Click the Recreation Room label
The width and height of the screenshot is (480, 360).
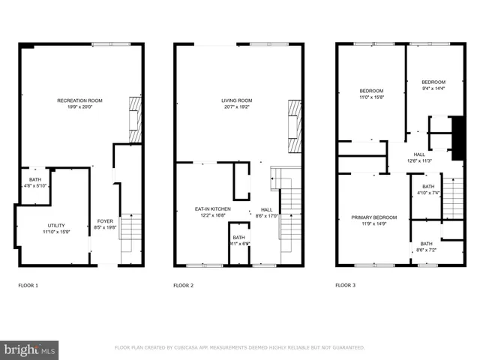79,100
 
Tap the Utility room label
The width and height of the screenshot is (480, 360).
57,225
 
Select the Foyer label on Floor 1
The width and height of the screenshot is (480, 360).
105,220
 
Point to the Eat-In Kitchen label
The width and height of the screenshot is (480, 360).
213,208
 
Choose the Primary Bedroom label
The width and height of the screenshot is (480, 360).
374,217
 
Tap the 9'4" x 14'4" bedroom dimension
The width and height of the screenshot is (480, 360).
433,88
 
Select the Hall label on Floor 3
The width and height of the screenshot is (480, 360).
419,153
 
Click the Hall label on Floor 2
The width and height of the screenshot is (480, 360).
266,209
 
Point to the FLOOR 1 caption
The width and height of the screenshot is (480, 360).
28,286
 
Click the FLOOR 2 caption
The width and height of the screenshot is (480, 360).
184,286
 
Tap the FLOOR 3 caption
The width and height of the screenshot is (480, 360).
345,286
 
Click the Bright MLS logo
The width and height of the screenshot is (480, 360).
29,349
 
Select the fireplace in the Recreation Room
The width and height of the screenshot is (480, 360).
135,119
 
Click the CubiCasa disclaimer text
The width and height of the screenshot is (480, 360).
240,348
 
